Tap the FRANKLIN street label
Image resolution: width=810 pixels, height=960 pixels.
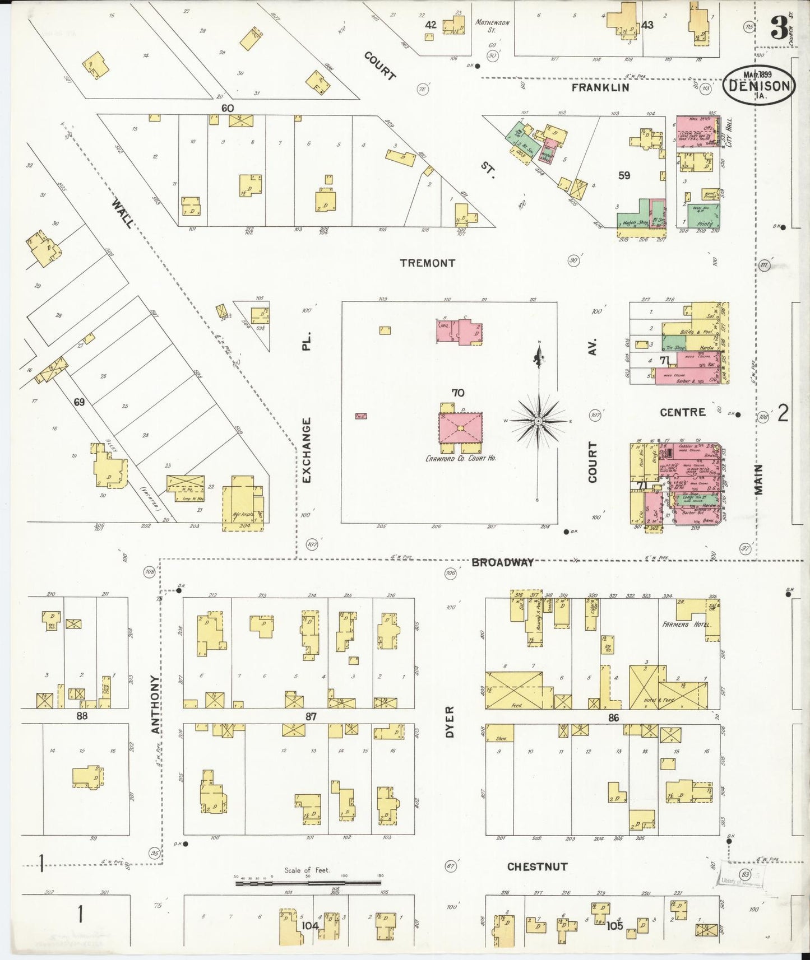click(600, 88)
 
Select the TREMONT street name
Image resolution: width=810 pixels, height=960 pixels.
click(427, 263)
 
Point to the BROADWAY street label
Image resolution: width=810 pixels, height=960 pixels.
click(502, 562)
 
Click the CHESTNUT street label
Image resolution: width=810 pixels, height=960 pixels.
click(537, 866)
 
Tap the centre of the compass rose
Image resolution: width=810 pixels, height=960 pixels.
click(538, 421)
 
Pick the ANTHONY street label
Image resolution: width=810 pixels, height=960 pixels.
click(155, 703)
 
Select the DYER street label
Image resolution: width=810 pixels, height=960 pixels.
click(450, 721)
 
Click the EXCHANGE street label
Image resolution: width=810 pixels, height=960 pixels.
click(306, 450)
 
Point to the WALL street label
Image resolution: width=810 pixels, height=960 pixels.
click(123, 213)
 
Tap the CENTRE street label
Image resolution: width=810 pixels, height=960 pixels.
click(682, 412)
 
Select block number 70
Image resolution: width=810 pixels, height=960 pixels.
click(457, 393)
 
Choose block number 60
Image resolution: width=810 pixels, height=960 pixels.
click(227, 108)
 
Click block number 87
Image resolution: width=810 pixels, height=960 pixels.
click(311, 716)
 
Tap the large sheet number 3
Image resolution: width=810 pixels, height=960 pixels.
click(779, 28)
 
